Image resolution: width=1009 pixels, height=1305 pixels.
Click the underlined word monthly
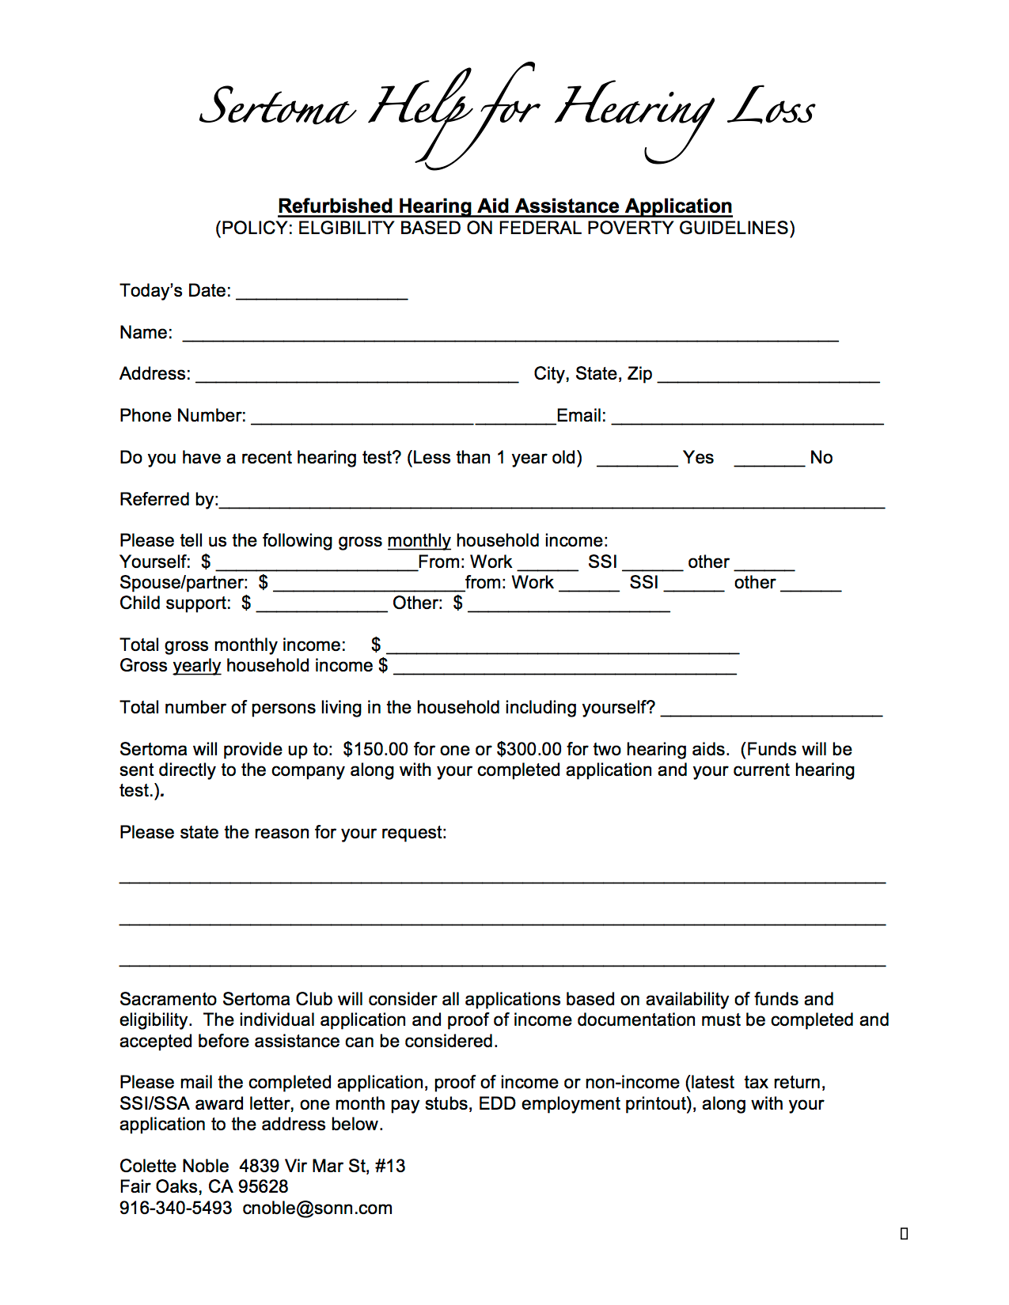click(419, 541)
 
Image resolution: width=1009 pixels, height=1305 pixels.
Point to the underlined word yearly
click(197, 666)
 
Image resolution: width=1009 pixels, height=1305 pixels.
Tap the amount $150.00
click(376, 749)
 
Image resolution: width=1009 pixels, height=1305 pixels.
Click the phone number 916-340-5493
click(176, 1208)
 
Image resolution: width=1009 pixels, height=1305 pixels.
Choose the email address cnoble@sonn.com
click(317, 1208)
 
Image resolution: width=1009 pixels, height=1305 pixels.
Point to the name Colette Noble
click(174, 1166)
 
